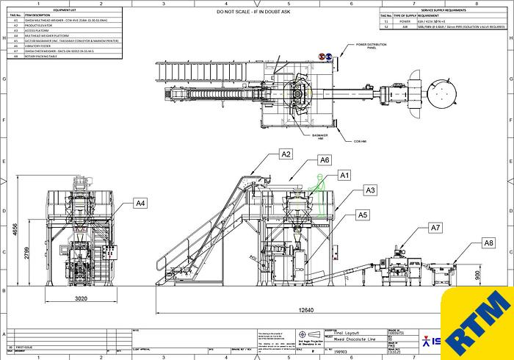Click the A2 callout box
[x=286, y=154]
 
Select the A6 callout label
[x=324, y=159]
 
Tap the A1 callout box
[x=344, y=175]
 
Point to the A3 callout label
[x=371, y=190]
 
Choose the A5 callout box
[x=362, y=215]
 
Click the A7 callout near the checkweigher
[x=435, y=228]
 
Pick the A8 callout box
[x=488, y=242]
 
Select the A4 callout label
[x=141, y=203]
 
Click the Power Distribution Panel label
[x=372, y=46]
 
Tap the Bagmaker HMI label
[x=300, y=134]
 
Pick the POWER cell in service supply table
[x=405, y=21]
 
